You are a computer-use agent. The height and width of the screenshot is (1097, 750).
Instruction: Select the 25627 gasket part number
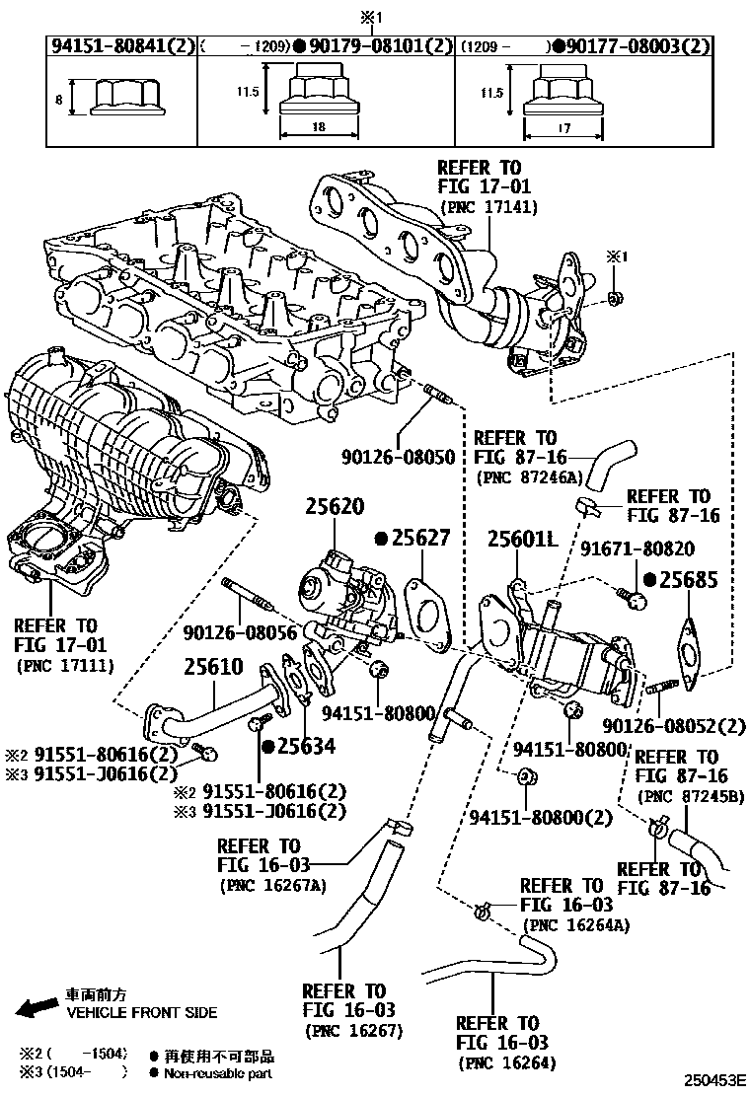(x=417, y=538)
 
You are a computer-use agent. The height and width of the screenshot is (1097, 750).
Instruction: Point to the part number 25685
(x=687, y=579)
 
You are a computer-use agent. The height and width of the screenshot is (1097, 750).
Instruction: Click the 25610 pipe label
(x=213, y=666)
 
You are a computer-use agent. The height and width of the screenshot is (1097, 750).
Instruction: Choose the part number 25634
(x=304, y=746)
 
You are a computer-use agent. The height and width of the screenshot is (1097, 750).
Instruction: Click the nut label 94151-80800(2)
(x=540, y=817)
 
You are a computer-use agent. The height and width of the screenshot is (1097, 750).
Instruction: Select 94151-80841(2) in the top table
(x=121, y=45)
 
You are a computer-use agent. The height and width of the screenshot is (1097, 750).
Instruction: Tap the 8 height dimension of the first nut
(x=59, y=99)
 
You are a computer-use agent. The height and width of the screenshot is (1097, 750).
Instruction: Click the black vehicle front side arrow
(x=37, y=1007)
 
